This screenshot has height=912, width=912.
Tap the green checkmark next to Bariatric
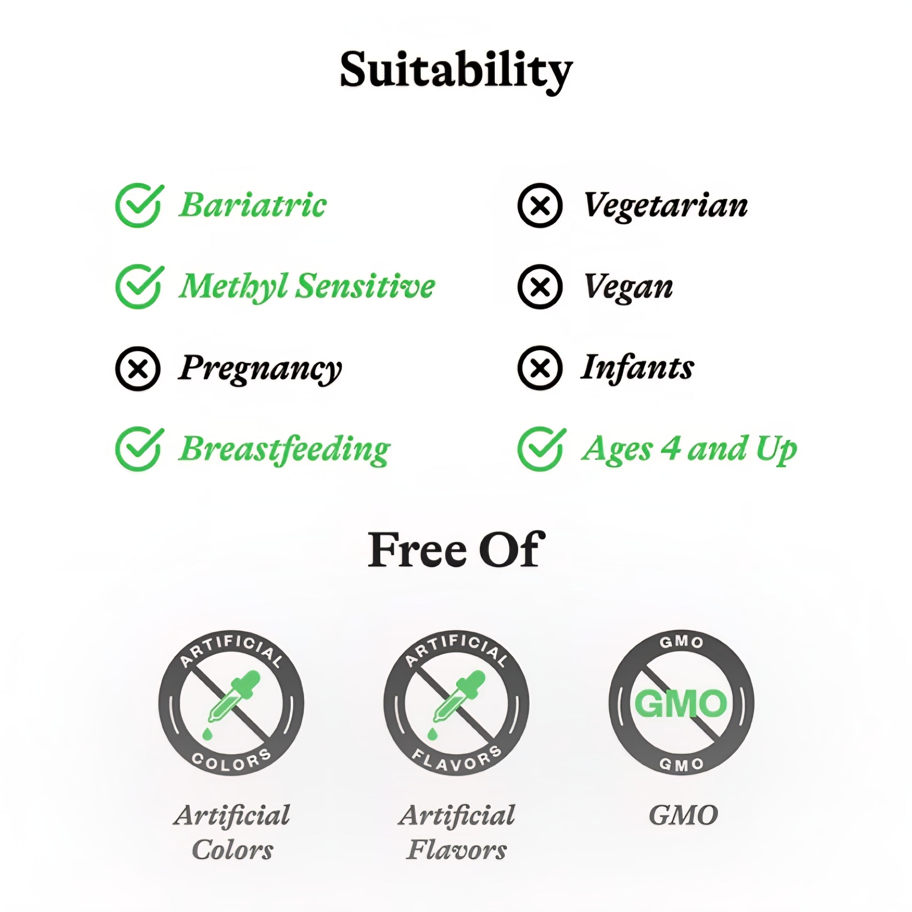click(x=139, y=205)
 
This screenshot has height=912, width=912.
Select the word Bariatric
click(x=252, y=205)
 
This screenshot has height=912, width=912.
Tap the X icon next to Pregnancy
click(x=138, y=369)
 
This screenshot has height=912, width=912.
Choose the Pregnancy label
click(x=260, y=370)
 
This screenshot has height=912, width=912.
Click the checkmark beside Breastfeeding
click(x=139, y=449)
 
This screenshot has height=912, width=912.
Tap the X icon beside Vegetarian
click(x=540, y=206)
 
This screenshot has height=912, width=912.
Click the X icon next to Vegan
click(x=540, y=287)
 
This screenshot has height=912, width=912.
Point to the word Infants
click(x=637, y=368)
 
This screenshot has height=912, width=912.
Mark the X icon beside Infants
click(x=540, y=368)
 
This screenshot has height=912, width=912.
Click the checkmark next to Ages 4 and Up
click(x=542, y=449)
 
